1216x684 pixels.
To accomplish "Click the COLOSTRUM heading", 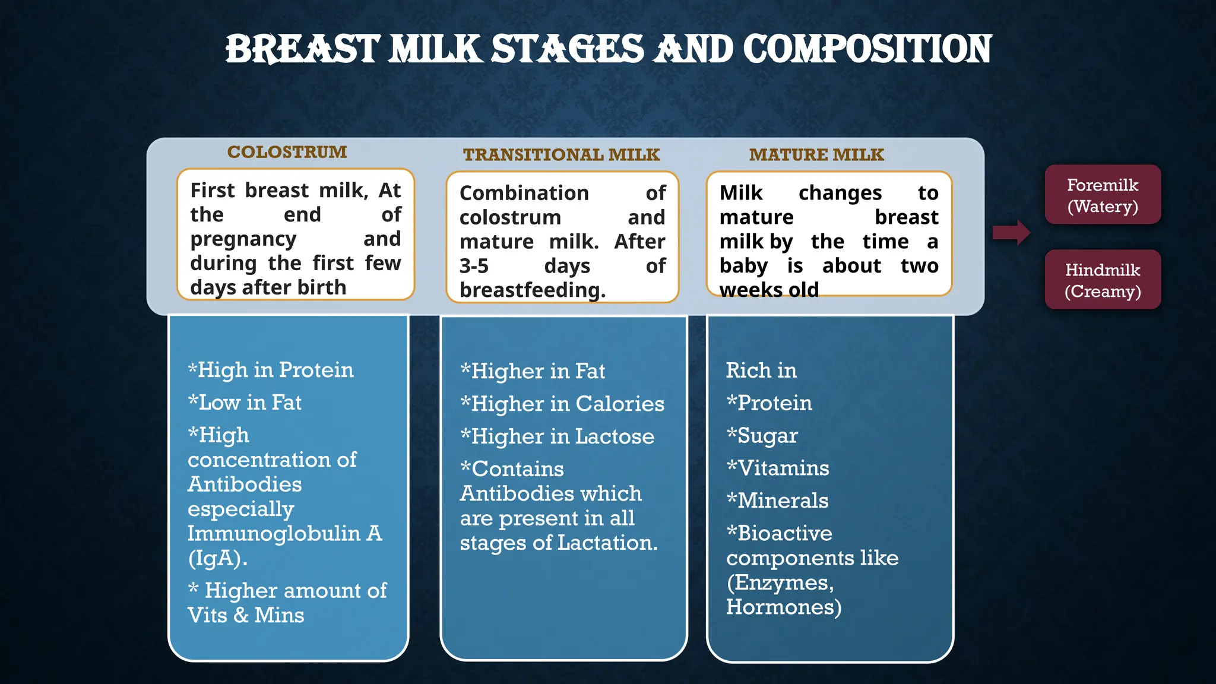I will coord(287,152).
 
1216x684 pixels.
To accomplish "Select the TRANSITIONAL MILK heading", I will coord(561,155).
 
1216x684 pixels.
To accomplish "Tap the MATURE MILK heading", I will coord(816,155).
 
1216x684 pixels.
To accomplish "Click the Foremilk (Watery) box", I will coord(1102,195).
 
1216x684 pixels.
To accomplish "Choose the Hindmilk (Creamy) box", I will coord(1102,280).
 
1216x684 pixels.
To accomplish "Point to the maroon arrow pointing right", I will coord(1011,232).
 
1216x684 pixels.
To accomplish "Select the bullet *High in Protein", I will coord(271,370).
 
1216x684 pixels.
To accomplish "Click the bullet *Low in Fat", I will coord(245,403).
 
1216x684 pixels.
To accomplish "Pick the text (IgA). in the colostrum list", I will coord(217,558).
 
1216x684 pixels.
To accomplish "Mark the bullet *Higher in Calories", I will coord(562,404).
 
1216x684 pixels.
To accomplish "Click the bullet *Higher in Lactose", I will coord(557,436).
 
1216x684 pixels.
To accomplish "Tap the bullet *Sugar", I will coord(762,436).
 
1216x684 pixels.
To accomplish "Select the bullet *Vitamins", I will coord(777,468).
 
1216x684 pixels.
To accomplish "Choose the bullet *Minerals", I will coord(777,501).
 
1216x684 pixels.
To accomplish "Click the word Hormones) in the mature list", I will coord(783,607).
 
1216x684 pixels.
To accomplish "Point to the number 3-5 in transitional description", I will coord(474,266).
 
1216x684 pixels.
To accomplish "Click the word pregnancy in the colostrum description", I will coord(243,239).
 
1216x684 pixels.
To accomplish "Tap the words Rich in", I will coord(761,370).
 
